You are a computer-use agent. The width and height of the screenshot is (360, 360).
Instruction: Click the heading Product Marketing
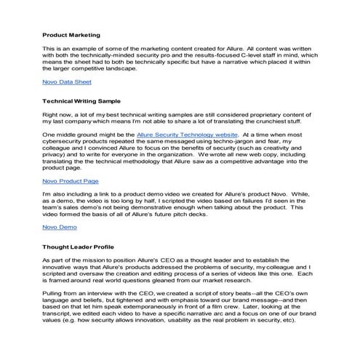point(71,35)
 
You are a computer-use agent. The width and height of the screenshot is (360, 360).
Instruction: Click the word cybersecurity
point(67,143)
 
